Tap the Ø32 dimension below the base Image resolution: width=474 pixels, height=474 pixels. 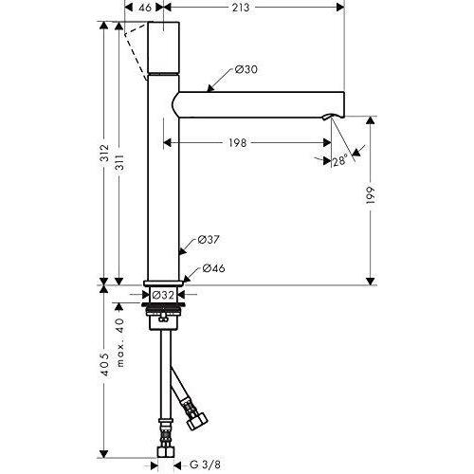(x=163, y=294)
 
